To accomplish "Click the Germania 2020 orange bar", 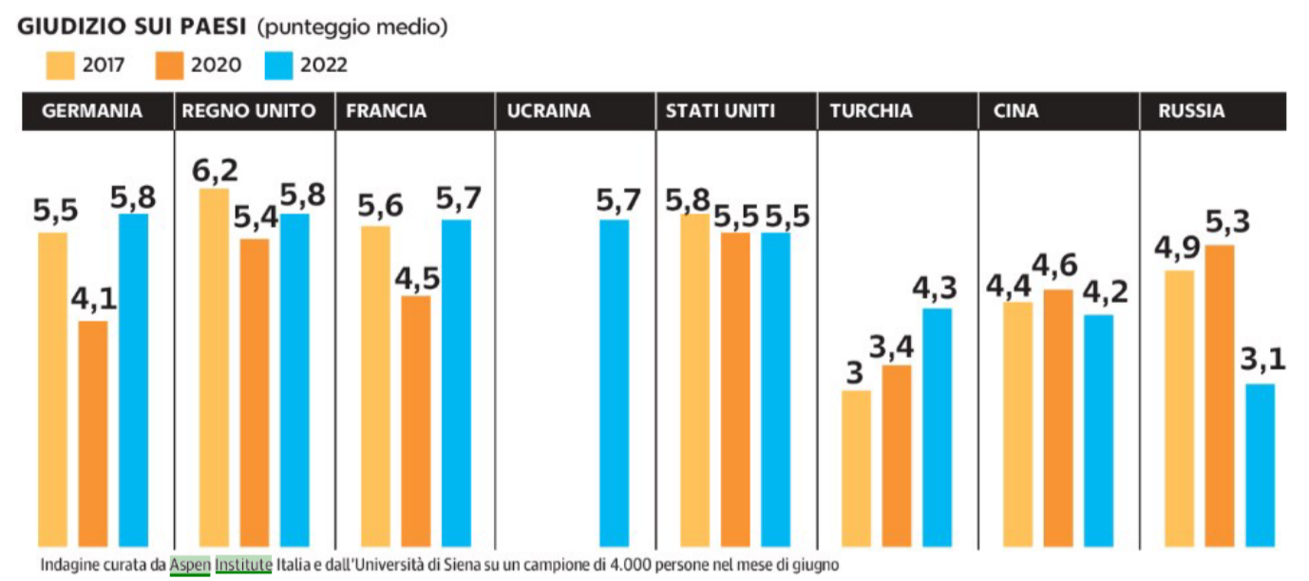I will pos(93,433).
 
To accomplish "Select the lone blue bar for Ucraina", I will pos(614,383).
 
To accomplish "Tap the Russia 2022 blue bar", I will pos(1260,465).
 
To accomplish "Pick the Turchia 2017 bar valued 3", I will pos(857,468).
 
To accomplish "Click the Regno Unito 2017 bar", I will pos(215,367).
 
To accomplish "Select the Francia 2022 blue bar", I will pos(456,383).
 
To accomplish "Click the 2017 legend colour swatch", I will pos(59,65).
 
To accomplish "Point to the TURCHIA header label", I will pos(870,111).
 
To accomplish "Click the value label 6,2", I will pos(214,171).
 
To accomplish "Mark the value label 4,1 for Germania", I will pos(93,299).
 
